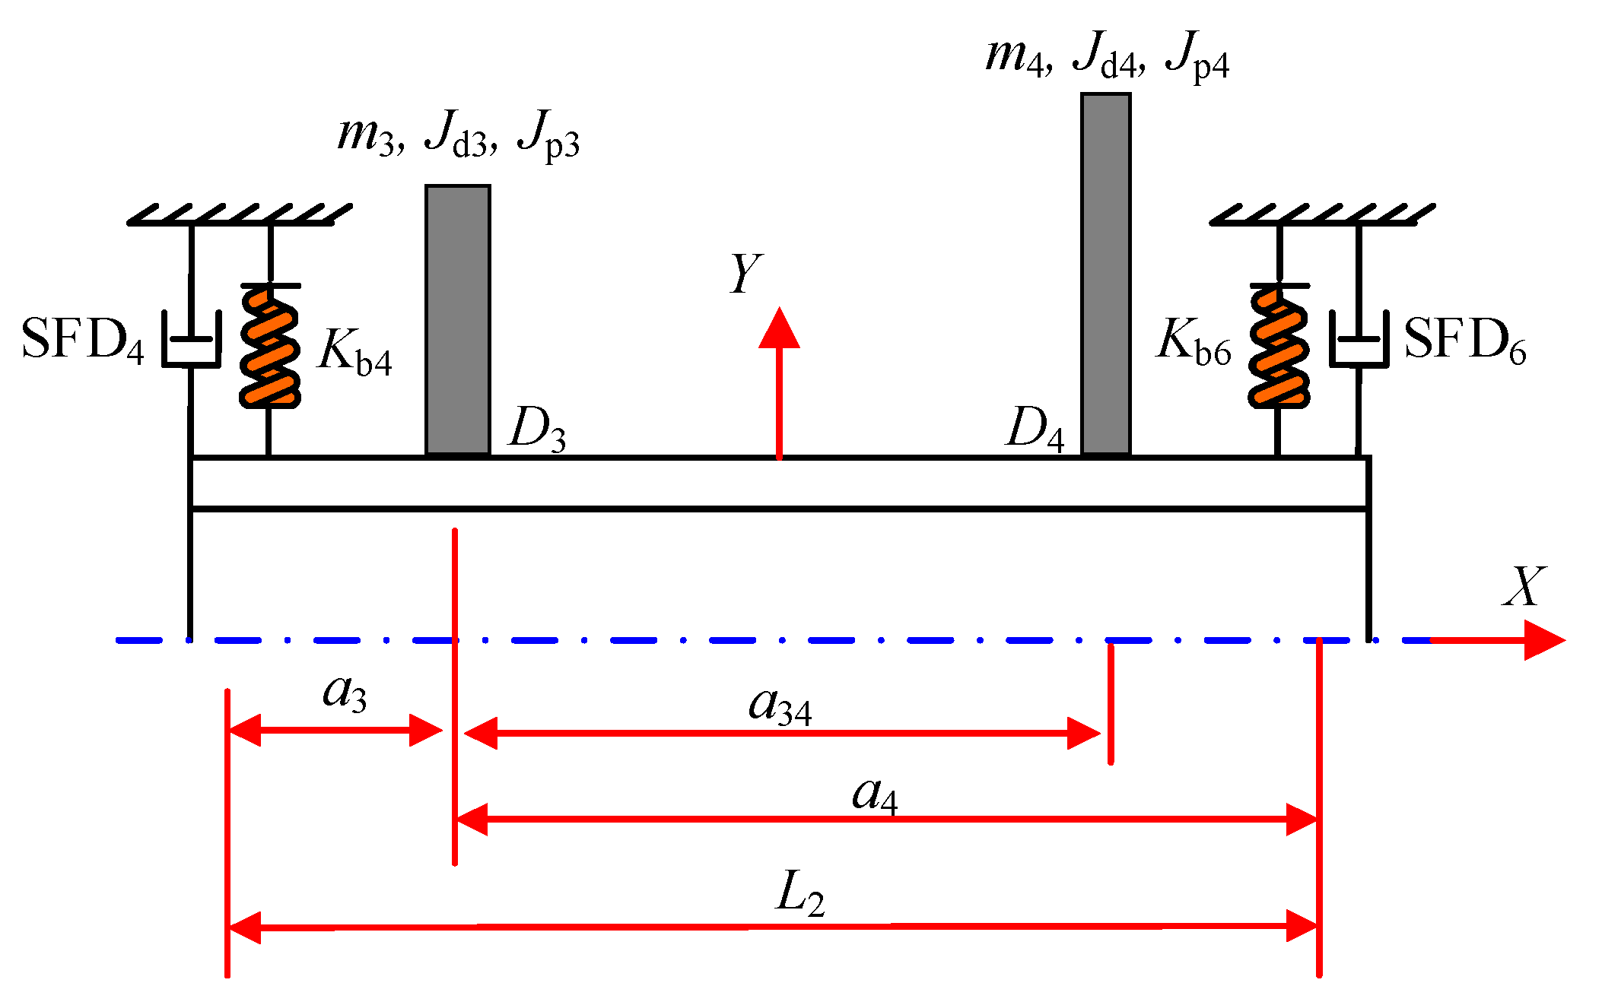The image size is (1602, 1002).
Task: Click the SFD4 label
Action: (x=82, y=340)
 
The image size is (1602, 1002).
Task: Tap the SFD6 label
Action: (x=1464, y=340)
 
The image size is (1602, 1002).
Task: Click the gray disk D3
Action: (x=457, y=319)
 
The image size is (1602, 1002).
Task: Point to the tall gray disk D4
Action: (x=1105, y=274)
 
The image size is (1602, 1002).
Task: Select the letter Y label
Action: (x=745, y=274)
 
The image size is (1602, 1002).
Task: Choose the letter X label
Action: (x=1524, y=587)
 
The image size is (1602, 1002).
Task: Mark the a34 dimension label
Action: (x=780, y=706)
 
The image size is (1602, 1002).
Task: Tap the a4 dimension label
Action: (x=875, y=797)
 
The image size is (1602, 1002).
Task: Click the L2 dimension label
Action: (x=800, y=894)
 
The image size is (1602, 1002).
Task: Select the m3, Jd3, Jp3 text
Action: (x=458, y=135)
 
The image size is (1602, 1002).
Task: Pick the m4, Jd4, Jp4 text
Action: (x=1107, y=56)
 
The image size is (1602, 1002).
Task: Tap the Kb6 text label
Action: (x=1194, y=341)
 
